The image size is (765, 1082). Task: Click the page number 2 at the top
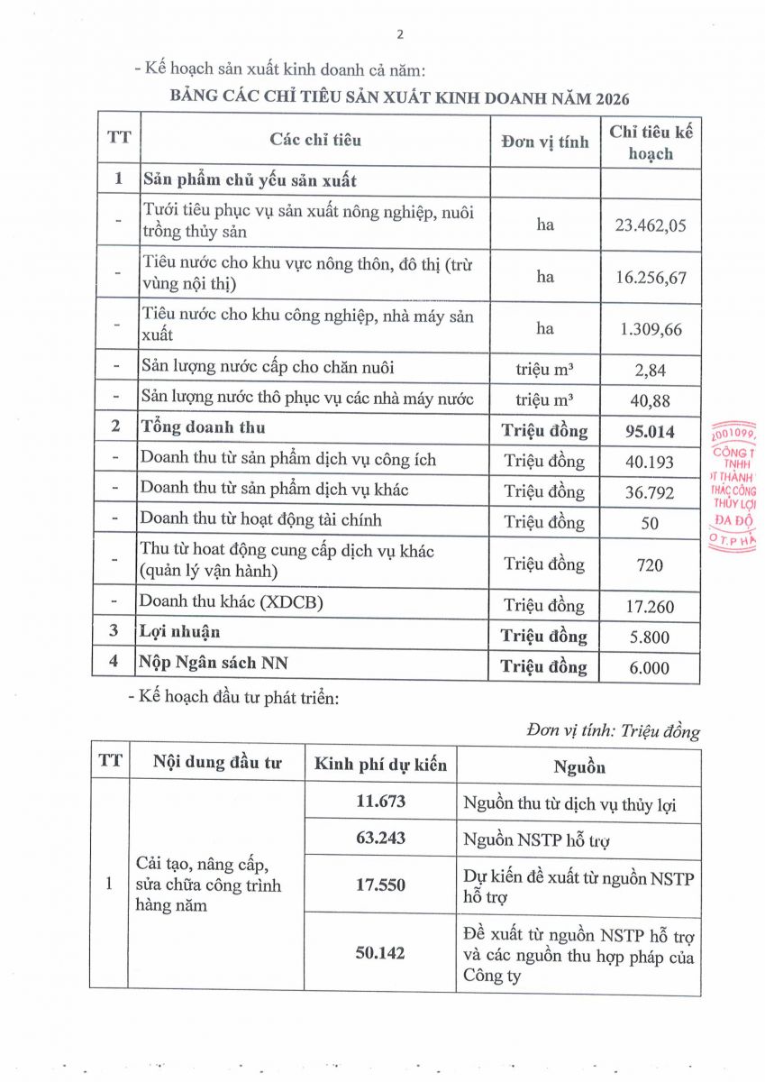(x=400, y=35)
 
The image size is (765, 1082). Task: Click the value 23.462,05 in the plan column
(x=651, y=225)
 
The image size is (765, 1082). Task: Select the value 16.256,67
(x=651, y=277)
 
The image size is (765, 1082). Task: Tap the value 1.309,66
(x=651, y=329)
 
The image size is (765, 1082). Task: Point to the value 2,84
(x=651, y=368)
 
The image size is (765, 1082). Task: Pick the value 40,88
(x=651, y=399)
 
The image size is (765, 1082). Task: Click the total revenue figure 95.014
(x=651, y=430)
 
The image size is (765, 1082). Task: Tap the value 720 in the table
(x=651, y=565)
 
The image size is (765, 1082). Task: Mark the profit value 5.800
(x=651, y=637)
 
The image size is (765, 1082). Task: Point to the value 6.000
(x=651, y=668)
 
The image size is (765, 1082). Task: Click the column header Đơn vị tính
(x=545, y=142)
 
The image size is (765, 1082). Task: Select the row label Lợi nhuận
(x=179, y=632)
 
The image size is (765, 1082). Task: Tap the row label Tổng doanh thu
(x=202, y=426)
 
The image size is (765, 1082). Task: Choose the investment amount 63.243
(x=381, y=838)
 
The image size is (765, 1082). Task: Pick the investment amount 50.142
(x=381, y=952)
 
